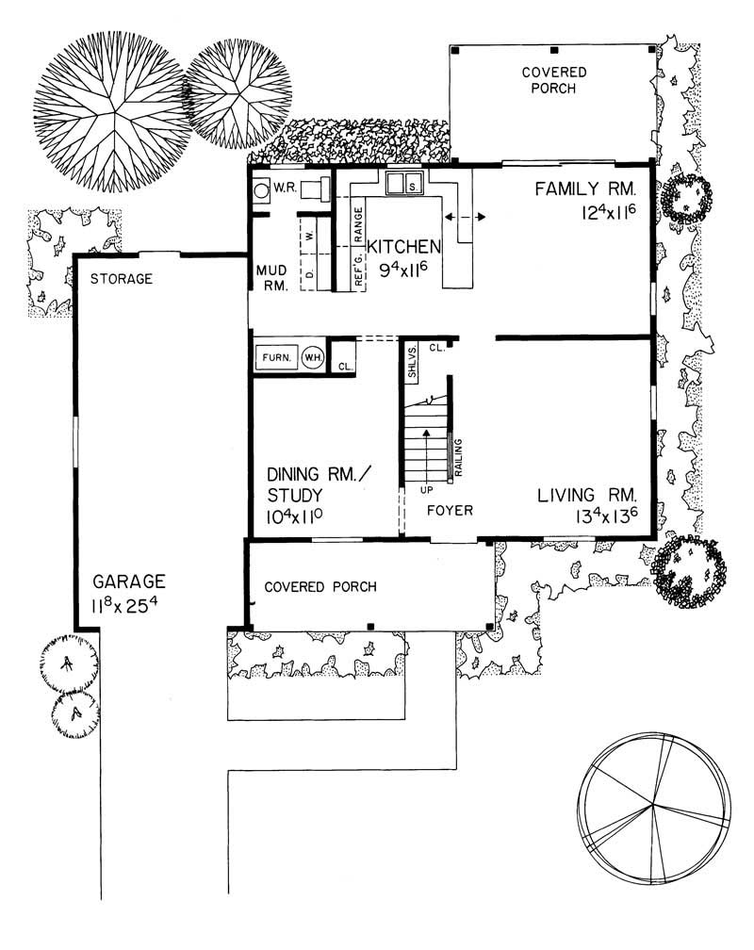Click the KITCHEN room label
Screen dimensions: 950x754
coord(403,247)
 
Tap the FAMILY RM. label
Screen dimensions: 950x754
coord(592,188)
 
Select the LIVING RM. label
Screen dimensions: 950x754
coord(588,495)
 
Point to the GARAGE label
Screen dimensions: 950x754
coord(129,581)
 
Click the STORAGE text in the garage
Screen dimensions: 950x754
coord(122,279)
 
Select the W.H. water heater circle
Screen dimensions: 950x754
coord(312,358)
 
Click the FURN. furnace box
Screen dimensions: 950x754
coord(275,358)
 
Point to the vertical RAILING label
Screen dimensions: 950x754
coord(458,459)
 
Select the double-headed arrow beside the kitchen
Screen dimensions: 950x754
coord(466,218)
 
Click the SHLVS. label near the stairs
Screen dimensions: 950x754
coord(412,363)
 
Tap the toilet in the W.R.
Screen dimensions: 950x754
coord(262,188)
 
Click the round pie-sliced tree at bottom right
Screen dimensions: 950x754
coord(655,807)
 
